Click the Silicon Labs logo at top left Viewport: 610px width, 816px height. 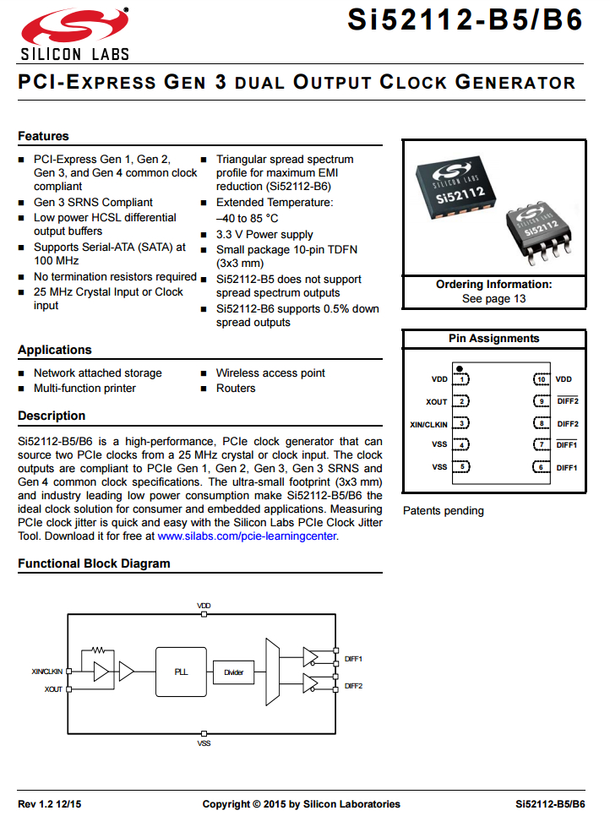[74, 33]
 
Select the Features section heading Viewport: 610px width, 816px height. [43, 136]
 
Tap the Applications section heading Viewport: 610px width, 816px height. [54, 350]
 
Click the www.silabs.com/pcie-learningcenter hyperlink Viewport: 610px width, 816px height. [248, 536]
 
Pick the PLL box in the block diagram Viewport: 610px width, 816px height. [181, 672]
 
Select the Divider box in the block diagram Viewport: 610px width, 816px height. [233, 672]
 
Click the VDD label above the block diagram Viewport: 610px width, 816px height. [204, 606]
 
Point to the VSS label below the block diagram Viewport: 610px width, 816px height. [204, 743]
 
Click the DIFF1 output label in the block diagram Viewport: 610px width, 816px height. [353, 657]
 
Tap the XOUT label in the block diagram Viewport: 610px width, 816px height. [53, 689]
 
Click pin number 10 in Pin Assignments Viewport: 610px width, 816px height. [541, 379]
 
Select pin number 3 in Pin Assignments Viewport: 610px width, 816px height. [461, 423]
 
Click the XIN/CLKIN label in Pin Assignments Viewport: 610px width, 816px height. [428, 423]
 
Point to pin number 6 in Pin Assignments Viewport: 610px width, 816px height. [541, 467]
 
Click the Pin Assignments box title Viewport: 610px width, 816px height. [493, 339]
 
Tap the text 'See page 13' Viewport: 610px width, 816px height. [493, 299]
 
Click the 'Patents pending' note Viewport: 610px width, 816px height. [443, 510]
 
